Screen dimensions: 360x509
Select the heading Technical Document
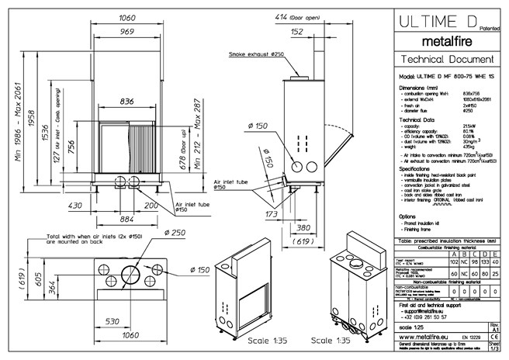click(442, 60)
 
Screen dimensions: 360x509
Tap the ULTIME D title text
click(434, 22)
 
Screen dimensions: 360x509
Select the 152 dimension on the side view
click(298, 33)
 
